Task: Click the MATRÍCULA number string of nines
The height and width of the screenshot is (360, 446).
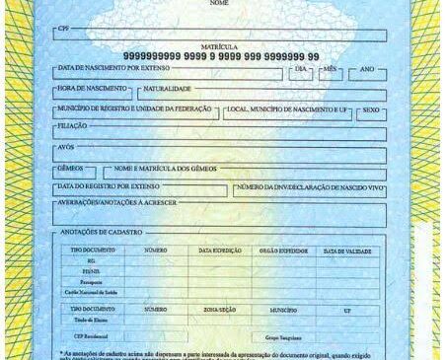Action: tap(222, 56)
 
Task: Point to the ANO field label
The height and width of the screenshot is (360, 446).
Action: tap(366, 71)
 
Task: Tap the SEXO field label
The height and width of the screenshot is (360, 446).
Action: tap(370, 108)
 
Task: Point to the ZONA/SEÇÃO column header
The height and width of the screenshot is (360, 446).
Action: tap(219, 309)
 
